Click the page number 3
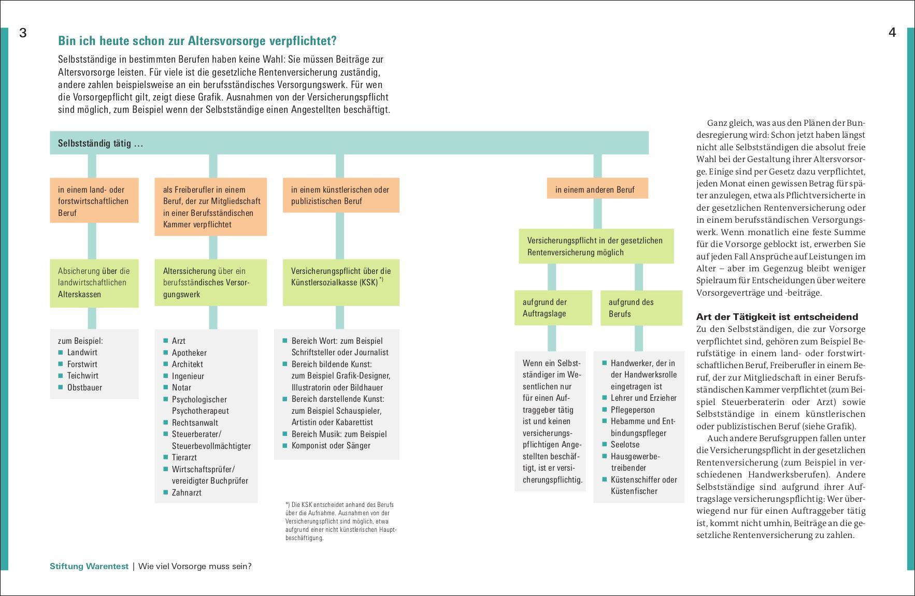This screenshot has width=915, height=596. click(x=23, y=33)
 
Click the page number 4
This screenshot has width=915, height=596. click(x=892, y=33)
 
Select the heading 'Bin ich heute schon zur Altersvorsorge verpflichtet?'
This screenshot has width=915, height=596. click(x=197, y=41)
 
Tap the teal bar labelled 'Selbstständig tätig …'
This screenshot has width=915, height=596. click(x=349, y=143)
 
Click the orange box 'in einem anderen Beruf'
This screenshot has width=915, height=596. click(x=597, y=190)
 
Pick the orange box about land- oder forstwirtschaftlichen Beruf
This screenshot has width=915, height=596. click(x=94, y=201)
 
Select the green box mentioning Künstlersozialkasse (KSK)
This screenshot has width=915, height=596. click(x=341, y=282)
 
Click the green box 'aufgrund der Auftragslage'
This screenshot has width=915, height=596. click(x=553, y=308)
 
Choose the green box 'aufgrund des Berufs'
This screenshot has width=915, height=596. click(x=641, y=308)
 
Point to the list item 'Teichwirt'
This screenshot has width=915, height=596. click(x=82, y=375)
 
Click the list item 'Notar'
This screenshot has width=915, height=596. click(x=181, y=387)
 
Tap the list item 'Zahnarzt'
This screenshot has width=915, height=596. click(x=187, y=492)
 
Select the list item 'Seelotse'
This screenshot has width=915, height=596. click(x=625, y=444)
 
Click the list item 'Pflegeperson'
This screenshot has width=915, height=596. click(x=633, y=410)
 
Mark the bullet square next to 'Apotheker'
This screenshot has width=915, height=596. click(x=166, y=353)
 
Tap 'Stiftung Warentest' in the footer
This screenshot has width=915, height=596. click(x=89, y=566)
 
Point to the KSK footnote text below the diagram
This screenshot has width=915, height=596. click(x=340, y=521)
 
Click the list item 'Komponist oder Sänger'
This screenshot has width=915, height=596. click(x=331, y=445)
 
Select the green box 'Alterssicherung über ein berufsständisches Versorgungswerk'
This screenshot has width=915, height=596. click(x=210, y=282)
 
